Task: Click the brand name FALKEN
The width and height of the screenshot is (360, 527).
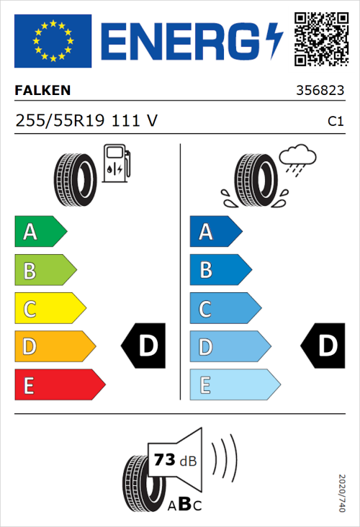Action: pyautogui.click(x=42, y=91)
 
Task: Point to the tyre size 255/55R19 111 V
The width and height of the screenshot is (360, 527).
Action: pyautogui.click(x=86, y=122)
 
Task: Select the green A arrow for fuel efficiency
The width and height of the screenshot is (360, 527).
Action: pyautogui.click(x=40, y=232)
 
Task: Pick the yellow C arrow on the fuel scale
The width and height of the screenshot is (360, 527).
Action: pyautogui.click(x=49, y=309)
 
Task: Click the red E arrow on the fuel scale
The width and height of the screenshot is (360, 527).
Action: pyautogui.click(x=59, y=385)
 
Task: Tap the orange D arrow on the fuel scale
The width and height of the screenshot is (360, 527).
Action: pyautogui.click(x=54, y=347)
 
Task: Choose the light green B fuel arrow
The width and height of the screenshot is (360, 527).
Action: pyautogui.click(x=45, y=271)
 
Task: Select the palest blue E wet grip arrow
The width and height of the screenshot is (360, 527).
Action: pyautogui.click(x=234, y=385)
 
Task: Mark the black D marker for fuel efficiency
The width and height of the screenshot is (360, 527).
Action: pyautogui.click(x=144, y=346)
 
